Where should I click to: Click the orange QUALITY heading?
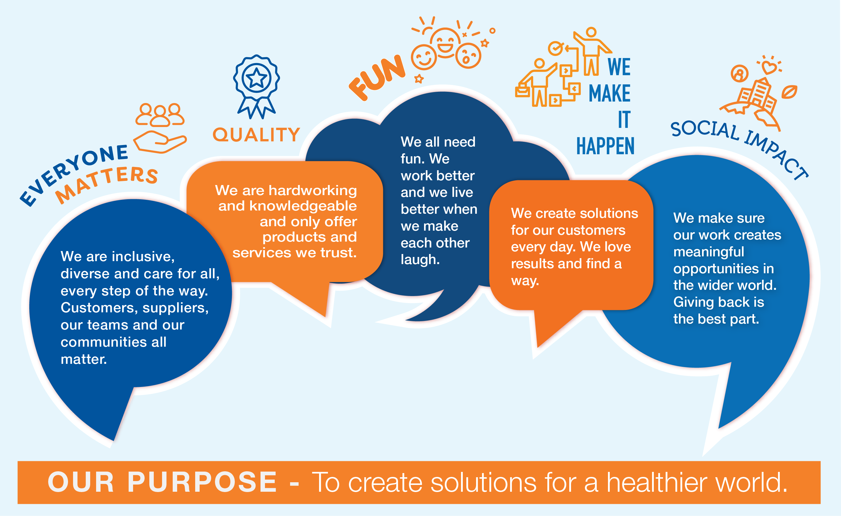click(x=256, y=135)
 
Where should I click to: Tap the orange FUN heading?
click(x=377, y=78)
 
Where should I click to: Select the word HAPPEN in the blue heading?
click(x=605, y=146)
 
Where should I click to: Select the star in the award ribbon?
click(x=256, y=78)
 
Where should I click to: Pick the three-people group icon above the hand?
click(x=160, y=115)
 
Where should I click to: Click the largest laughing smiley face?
click(x=445, y=43)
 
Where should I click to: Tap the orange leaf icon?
click(x=789, y=92)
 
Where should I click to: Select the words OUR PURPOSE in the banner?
click(x=162, y=482)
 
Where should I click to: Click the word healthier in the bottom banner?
click(x=657, y=482)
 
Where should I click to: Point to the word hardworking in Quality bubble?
click(x=313, y=190)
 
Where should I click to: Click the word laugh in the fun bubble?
click(x=420, y=260)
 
